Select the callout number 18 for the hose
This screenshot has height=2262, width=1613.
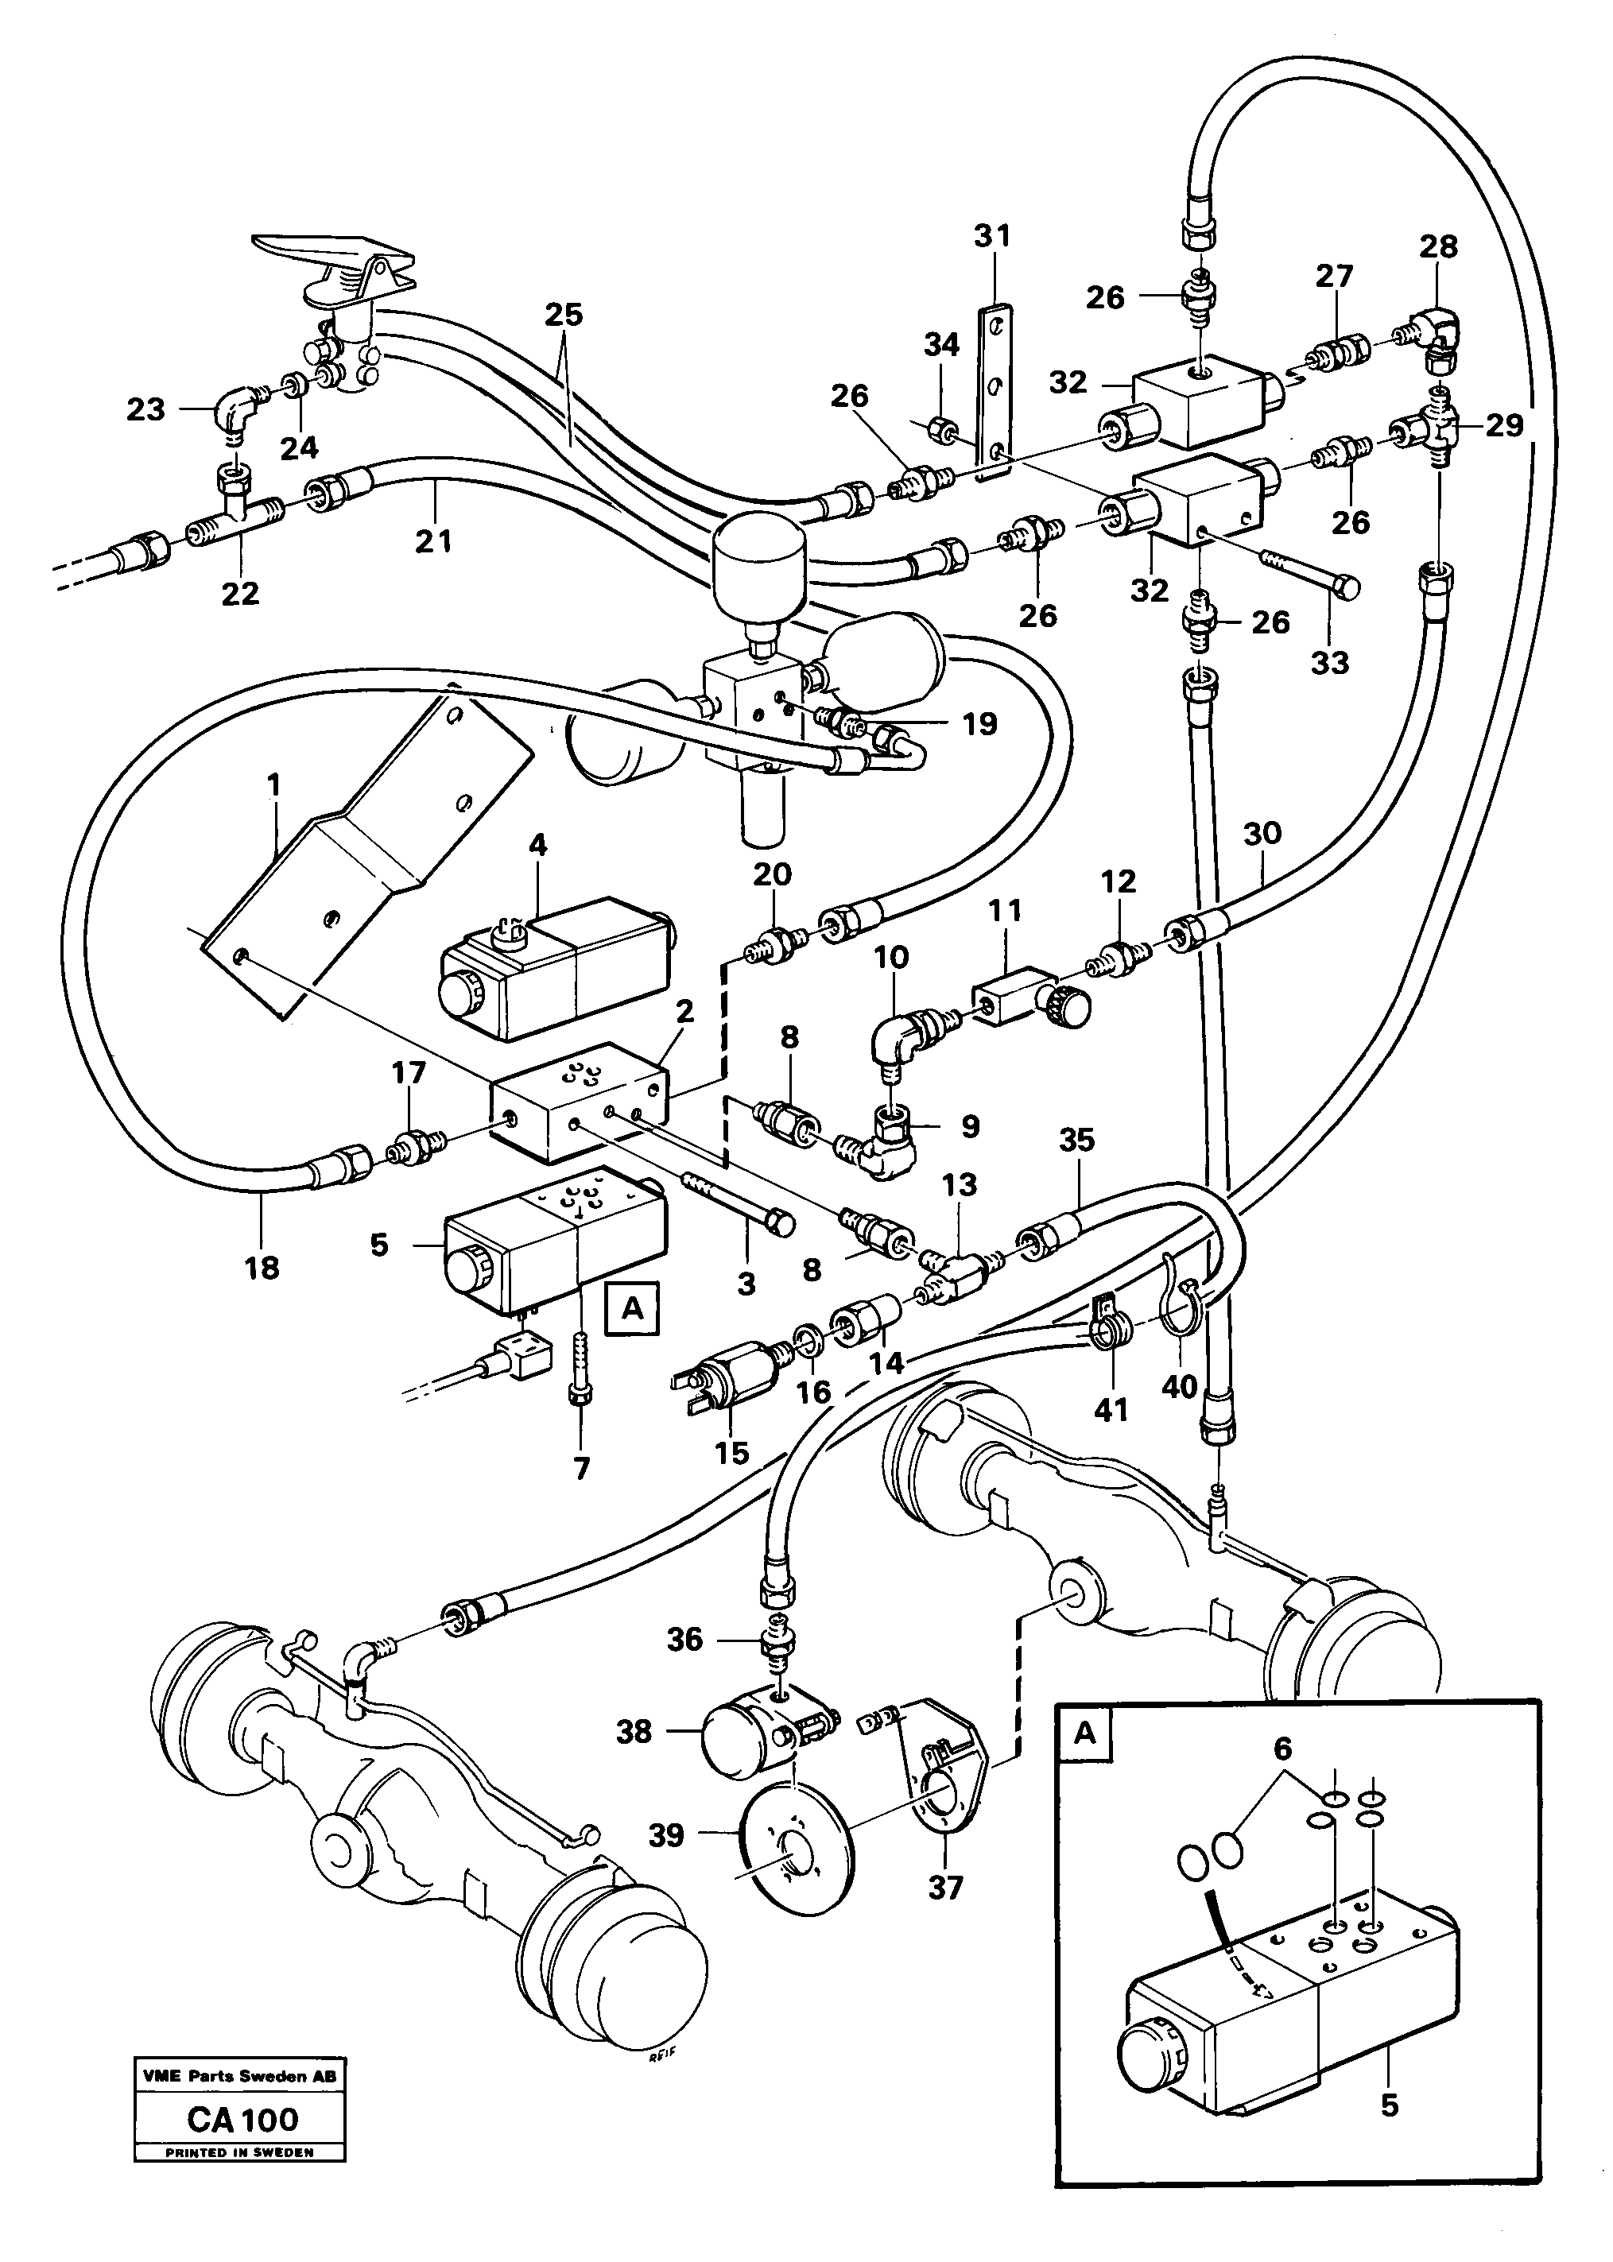[262, 1268]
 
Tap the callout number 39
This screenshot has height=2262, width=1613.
[666, 1835]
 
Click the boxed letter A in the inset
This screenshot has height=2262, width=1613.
[1086, 1733]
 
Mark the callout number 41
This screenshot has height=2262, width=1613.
[1111, 1410]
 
